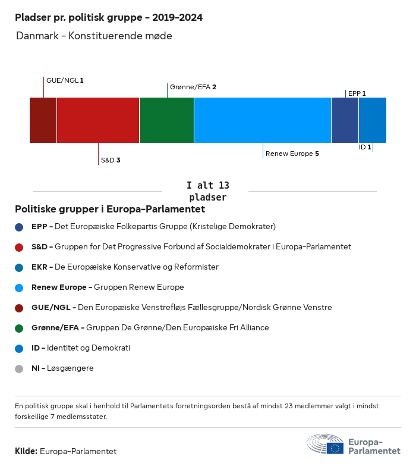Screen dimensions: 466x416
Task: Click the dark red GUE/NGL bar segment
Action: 43,120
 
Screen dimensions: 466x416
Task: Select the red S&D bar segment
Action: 98,120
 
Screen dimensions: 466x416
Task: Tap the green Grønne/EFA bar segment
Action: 166,120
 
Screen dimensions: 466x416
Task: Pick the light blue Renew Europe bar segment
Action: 262,120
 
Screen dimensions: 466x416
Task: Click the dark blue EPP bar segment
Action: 345,120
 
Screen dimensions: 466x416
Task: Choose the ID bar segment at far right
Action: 373,120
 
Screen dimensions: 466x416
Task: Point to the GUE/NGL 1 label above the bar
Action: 65,80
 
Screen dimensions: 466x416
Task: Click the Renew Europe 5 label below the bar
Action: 292,154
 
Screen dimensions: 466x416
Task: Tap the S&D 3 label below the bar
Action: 111,160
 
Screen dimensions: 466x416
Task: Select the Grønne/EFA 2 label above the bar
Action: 193,87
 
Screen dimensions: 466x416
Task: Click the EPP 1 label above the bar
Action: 357,93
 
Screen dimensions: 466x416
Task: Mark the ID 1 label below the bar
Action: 364,147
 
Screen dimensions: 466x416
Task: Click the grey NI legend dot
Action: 19,368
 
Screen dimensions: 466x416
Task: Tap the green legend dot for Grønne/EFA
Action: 19,328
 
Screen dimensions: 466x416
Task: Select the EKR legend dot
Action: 19,267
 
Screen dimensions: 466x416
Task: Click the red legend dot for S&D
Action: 19,247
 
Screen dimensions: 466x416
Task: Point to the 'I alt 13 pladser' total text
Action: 207,191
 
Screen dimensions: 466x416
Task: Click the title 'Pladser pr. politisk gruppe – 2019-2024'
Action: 109,18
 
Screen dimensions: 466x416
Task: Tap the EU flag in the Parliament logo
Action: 335,448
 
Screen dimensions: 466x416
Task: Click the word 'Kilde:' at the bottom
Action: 26,451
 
